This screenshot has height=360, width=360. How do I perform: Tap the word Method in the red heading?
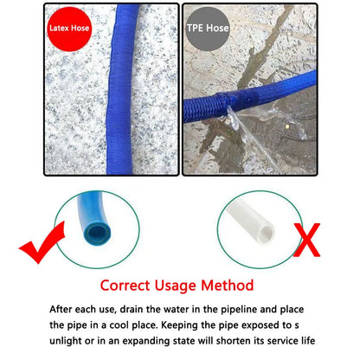[227, 285]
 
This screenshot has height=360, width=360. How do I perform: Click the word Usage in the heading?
[178, 285]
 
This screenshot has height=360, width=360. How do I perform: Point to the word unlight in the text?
[69, 340]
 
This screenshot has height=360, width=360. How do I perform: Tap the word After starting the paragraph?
[62, 309]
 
